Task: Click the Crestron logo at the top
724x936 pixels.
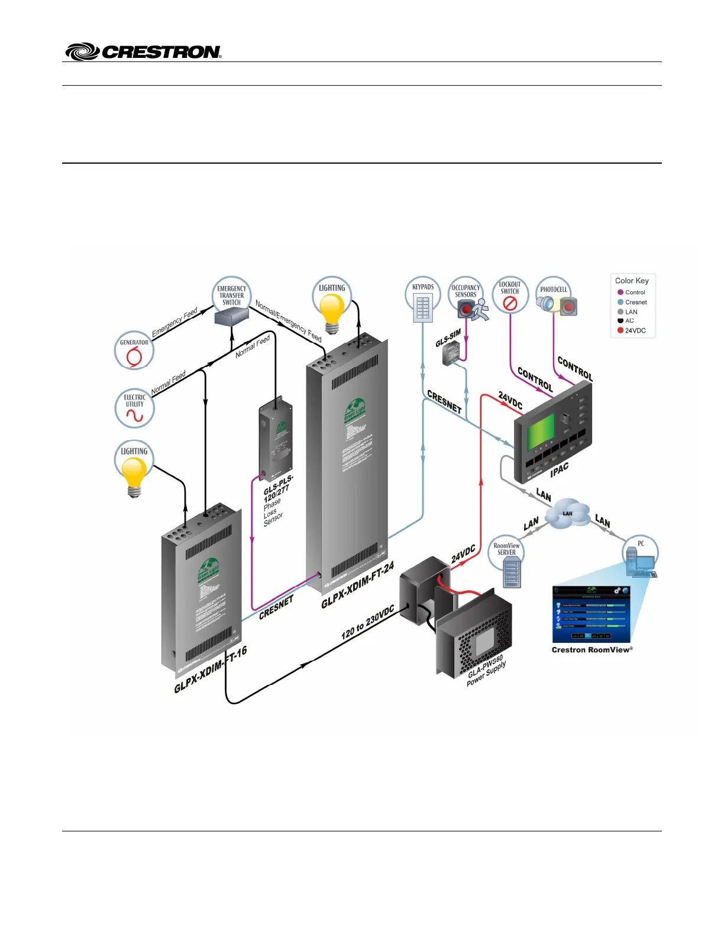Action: click(143, 51)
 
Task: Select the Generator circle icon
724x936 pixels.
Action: click(134, 351)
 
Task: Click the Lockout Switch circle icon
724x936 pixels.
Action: click(510, 296)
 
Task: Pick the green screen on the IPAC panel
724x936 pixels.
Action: click(541, 431)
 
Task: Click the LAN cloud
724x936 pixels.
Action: click(567, 515)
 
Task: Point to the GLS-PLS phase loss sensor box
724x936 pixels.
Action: click(275, 437)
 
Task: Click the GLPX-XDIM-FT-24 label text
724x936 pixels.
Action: click(357, 586)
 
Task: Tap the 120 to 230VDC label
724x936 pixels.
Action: click(367, 623)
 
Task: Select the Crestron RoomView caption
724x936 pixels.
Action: click(592, 650)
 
